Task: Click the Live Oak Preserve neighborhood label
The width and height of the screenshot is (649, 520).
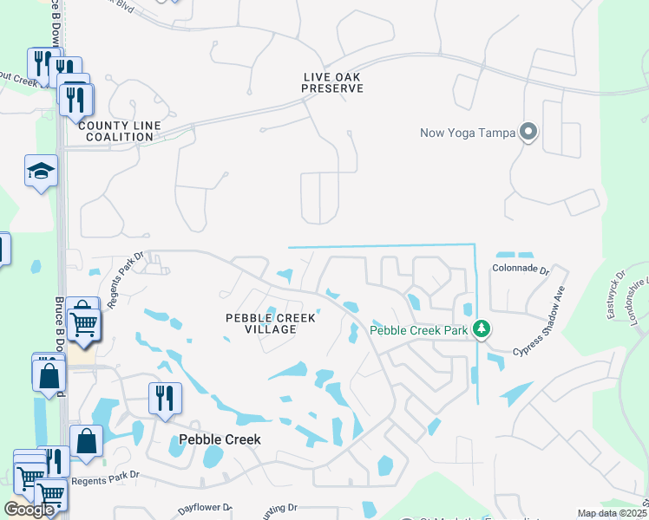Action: click(332, 82)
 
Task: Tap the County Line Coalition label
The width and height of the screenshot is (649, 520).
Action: click(120, 131)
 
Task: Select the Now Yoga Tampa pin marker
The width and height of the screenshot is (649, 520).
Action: click(528, 133)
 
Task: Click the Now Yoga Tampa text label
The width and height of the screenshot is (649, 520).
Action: click(468, 133)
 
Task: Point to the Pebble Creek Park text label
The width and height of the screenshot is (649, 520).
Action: click(419, 330)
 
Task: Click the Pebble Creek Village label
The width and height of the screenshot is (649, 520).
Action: click(271, 323)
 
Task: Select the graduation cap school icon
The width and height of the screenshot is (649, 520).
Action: click(41, 171)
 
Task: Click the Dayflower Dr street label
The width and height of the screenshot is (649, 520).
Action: click(205, 508)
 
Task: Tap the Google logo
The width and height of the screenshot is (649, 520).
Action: click(29, 510)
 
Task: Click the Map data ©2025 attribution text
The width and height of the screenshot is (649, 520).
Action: click(612, 513)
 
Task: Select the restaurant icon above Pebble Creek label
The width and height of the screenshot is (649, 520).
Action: click(165, 399)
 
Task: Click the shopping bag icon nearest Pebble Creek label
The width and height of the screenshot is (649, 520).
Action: click(88, 441)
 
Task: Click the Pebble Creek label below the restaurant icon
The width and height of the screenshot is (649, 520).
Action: click(220, 439)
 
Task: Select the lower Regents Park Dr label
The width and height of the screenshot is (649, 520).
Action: click(106, 479)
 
